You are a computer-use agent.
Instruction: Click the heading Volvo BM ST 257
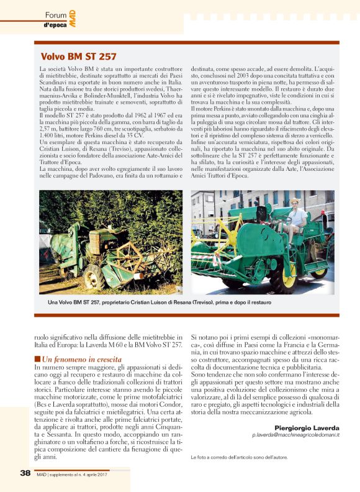pos(78,57)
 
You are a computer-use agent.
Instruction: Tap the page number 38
pos(25,472)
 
